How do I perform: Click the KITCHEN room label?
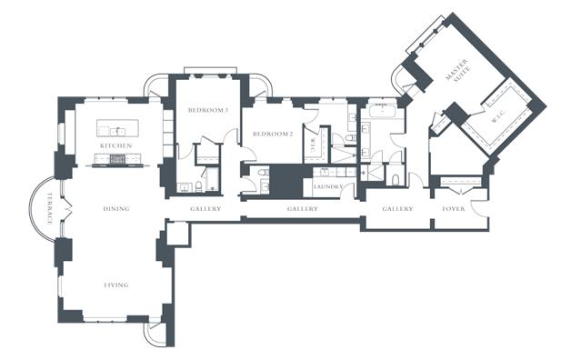[116, 145]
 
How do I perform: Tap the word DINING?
[116, 208]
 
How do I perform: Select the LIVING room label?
[116, 285]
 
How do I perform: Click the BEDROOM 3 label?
[208, 110]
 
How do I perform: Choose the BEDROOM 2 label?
[273, 134]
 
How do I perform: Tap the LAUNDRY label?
[328, 186]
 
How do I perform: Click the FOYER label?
[454, 208]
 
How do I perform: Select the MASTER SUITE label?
[458, 70]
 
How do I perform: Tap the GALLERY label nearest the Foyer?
[397, 208]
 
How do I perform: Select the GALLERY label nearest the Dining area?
[205, 208]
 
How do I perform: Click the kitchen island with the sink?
[118, 128]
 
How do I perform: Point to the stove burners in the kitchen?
[118, 159]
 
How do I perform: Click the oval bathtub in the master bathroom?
[383, 110]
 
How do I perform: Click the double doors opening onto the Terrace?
[66, 209]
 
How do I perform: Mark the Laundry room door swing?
[348, 190]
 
